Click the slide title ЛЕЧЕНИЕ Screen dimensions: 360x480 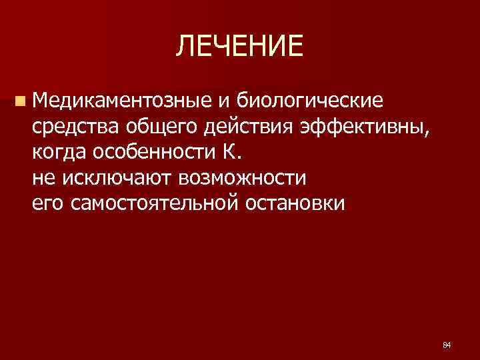239,46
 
